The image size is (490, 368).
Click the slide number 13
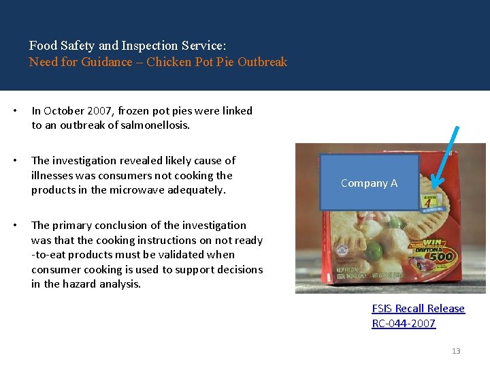(x=456, y=351)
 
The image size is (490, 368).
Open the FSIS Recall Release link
(x=418, y=309)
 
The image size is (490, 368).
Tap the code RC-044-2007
(x=404, y=324)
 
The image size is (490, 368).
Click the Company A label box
(x=369, y=183)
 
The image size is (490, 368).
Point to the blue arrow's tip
(x=434, y=186)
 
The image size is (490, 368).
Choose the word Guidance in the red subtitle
(x=105, y=62)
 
